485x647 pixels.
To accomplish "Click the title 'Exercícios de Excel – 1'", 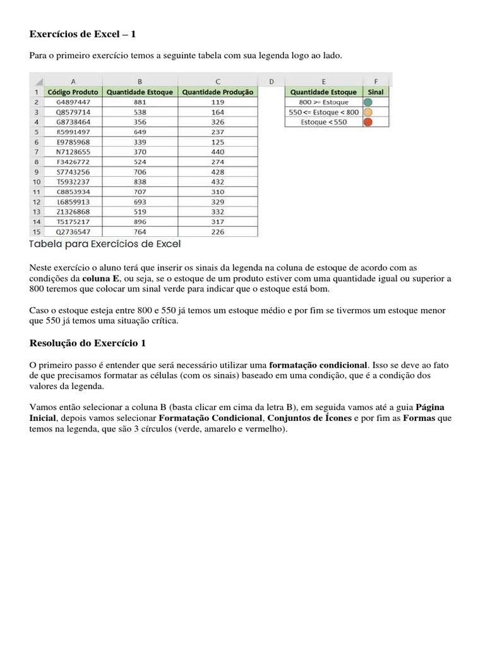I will coord(83,33).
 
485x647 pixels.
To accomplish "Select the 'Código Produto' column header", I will coord(73,92).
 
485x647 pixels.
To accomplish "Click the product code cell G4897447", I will coord(73,102).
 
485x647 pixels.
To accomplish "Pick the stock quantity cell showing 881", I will coord(140,102).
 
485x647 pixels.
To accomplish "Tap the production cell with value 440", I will coord(218,152).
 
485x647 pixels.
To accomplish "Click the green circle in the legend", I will coord(368,102).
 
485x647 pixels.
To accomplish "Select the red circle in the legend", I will coord(368,122).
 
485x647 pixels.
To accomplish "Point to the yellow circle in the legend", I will coord(368,112).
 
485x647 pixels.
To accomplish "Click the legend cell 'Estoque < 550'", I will coord(324,122).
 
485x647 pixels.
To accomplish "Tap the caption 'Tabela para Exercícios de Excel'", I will coord(105,243).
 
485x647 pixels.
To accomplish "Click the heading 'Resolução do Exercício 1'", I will coord(88,343).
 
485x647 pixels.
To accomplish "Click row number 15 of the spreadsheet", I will coord(36,232).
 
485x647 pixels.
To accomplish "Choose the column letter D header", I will coord(271,81).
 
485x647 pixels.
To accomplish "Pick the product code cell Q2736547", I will coord(73,232).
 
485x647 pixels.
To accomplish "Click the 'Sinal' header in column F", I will coord(375,92).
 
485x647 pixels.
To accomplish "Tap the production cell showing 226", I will coord(218,232).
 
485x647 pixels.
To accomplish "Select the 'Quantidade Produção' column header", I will coord(218,92).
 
